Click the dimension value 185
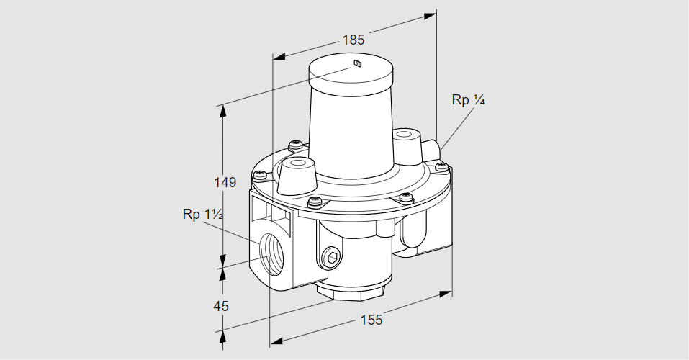(x=353, y=40)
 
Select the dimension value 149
(x=225, y=183)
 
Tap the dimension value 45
(x=221, y=306)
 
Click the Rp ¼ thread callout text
(x=468, y=100)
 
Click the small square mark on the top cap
(x=358, y=65)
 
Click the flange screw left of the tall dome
(x=294, y=146)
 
